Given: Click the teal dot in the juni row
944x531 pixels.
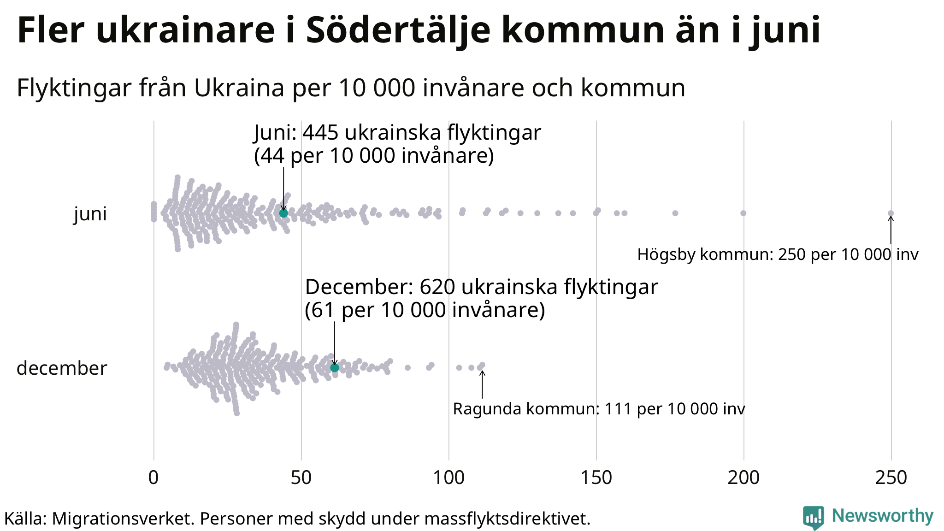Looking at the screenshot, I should tap(283, 213).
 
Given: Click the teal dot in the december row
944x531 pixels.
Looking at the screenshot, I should tap(335, 367).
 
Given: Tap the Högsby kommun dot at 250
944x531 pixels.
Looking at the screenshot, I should tap(891, 213).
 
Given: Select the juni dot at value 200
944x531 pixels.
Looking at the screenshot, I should tap(743, 213).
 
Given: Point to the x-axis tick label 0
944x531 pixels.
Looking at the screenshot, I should tap(153, 478).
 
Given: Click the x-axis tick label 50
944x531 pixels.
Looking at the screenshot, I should tap(301, 478).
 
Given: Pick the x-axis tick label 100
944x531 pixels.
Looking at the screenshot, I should tap(448, 478).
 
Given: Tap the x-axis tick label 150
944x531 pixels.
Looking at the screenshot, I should tap(596, 478).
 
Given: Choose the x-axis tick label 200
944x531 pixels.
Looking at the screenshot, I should tap(743, 478).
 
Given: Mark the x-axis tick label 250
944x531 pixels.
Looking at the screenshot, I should tap(891, 478).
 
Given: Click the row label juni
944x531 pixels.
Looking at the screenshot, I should tap(90, 214).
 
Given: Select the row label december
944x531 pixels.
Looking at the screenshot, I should tap(62, 368).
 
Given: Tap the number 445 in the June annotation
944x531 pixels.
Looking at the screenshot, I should tap(320, 133).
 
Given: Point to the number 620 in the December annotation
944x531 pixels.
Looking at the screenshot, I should tap(437, 287).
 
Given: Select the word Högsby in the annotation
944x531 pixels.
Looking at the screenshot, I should tap(666, 254).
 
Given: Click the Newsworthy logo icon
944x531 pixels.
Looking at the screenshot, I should tap(813, 518).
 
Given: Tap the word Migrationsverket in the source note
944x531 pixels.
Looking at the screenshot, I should tap(123, 519).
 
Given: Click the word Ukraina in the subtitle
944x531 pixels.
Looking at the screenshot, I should tap(239, 88).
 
